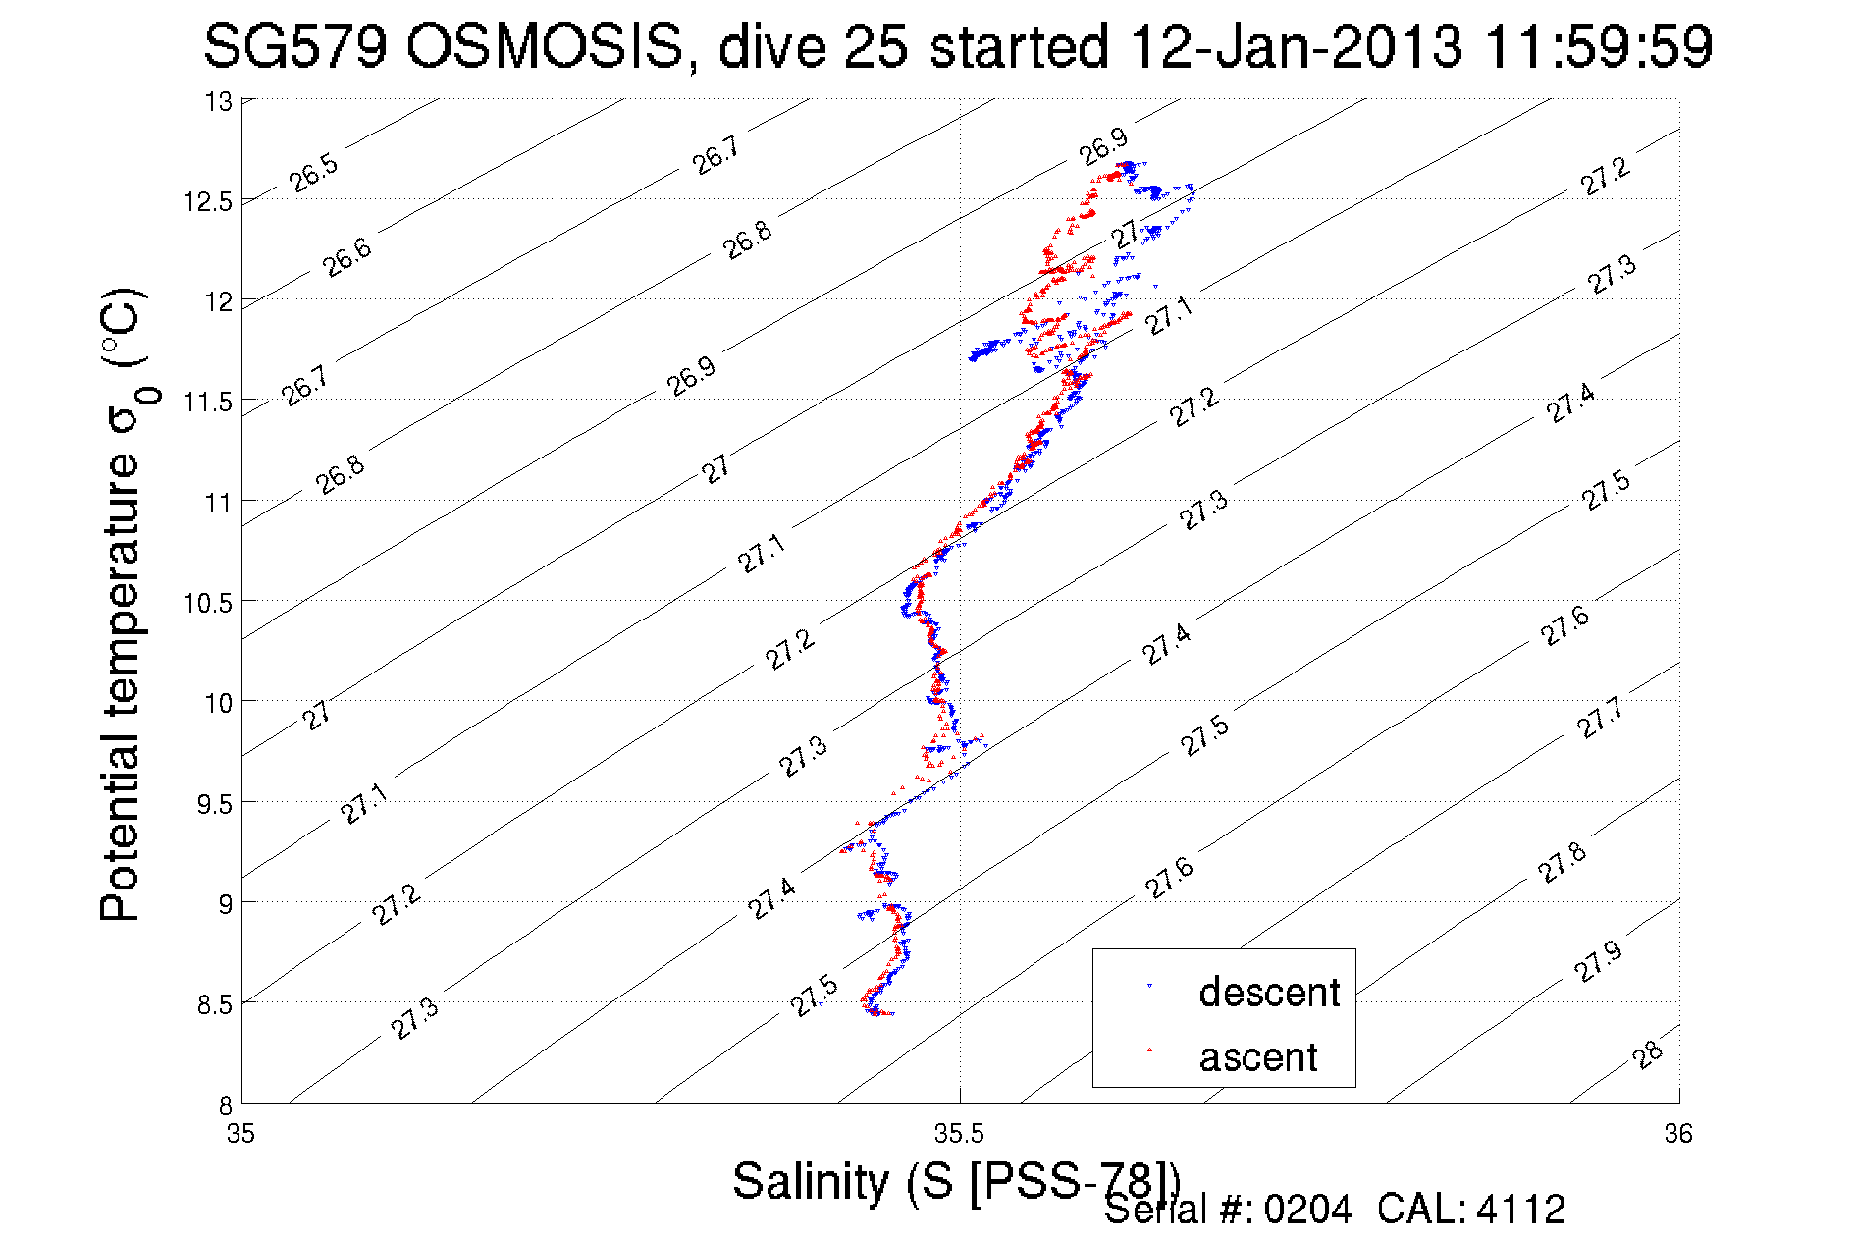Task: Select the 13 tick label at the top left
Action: (218, 101)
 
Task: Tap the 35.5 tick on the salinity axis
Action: (959, 1134)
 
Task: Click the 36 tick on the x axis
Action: (1678, 1134)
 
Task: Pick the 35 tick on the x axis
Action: (241, 1134)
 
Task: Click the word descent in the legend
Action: (1268, 993)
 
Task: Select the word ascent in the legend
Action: (1257, 1057)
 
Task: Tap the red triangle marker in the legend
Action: (1149, 1050)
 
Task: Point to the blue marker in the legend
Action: (1149, 986)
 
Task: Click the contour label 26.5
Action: (313, 172)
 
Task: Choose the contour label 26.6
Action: (347, 257)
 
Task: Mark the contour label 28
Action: (1648, 1054)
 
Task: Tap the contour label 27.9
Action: (1599, 962)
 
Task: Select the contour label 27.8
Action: (1562, 862)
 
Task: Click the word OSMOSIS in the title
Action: (544, 46)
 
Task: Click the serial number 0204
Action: (1307, 1210)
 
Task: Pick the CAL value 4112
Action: (1520, 1210)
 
